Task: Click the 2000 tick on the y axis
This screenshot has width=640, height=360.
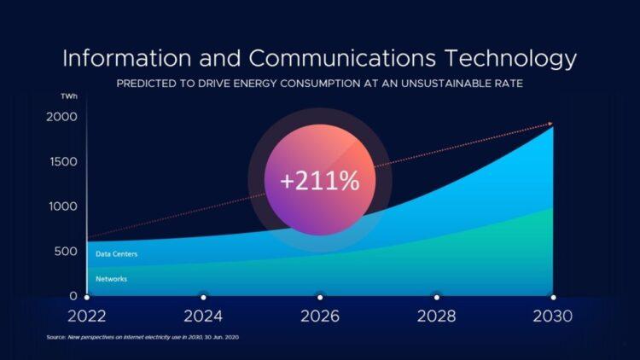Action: (61, 117)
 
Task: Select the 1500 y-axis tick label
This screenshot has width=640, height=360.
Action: (61, 161)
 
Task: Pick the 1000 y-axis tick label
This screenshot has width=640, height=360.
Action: (61, 206)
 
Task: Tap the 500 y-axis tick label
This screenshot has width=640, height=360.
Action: (66, 251)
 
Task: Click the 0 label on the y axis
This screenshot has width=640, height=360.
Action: (73, 296)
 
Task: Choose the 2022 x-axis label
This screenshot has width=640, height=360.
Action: (87, 316)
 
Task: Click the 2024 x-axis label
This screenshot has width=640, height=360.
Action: (203, 316)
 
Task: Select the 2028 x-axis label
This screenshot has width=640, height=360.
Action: (436, 316)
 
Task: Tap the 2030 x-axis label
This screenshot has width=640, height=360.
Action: (552, 316)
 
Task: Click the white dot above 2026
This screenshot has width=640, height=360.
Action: (320, 297)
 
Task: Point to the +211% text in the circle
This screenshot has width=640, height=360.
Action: (320, 180)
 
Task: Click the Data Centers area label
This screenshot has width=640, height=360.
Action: (116, 254)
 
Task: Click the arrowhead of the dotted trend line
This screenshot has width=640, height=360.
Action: (550, 125)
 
